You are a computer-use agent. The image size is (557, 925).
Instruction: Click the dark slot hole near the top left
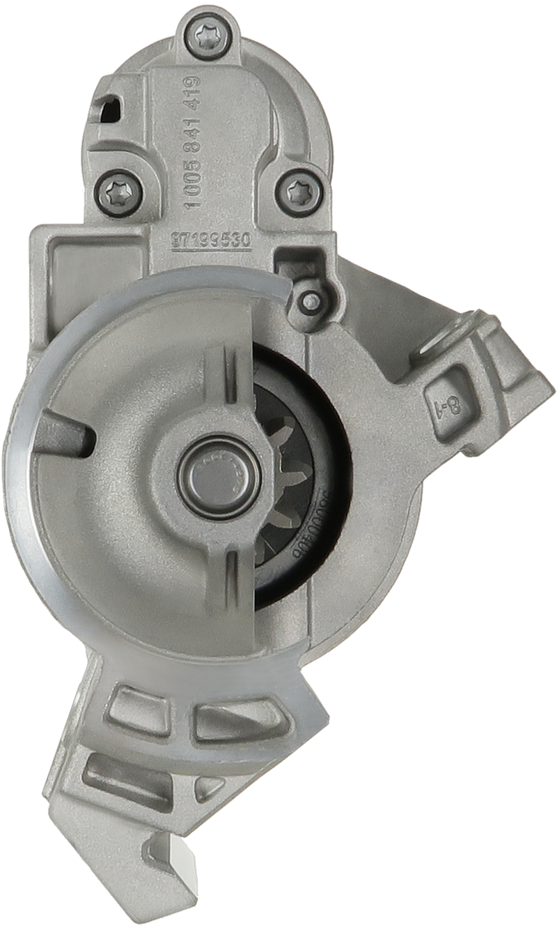109,108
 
